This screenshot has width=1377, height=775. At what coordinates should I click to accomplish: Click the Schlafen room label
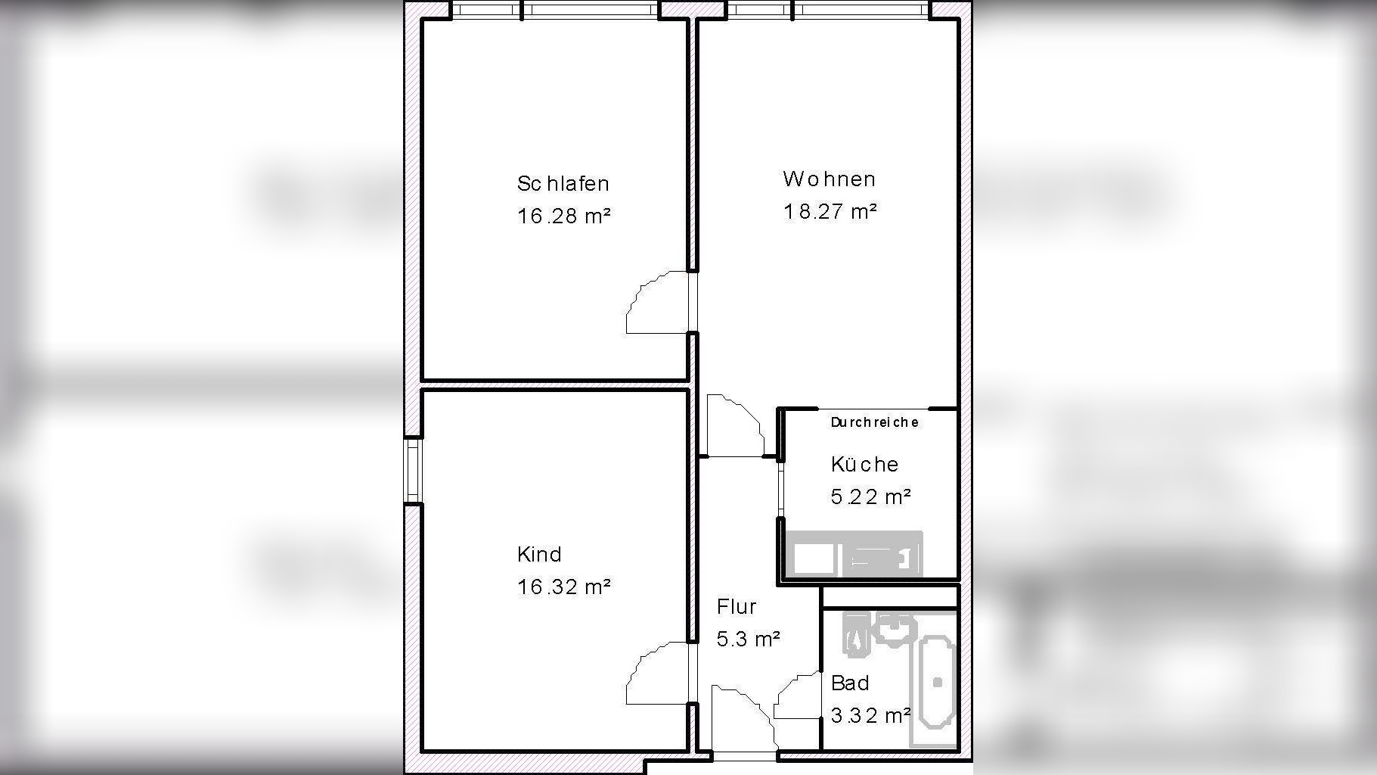click(x=563, y=183)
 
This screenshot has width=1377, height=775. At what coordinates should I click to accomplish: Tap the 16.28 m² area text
click(x=563, y=216)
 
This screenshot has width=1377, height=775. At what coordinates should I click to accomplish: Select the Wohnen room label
click(x=829, y=179)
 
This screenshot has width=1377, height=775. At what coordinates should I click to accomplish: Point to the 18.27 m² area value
click(x=830, y=211)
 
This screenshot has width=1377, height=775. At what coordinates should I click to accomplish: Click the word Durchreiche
click(x=874, y=422)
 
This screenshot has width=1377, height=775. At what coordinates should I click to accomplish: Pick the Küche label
click(x=864, y=463)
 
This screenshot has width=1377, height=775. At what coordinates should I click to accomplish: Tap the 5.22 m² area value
click(x=870, y=496)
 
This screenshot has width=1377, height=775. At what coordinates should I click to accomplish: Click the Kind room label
click(x=539, y=554)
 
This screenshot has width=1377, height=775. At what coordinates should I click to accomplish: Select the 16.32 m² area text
click(x=563, y=587)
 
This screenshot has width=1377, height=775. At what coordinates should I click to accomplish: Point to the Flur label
click(x=736, y=606)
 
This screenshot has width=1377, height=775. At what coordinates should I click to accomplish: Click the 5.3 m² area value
click(x=748, y=639)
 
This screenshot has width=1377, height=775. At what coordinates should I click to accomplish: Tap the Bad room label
click(x=849, y=683)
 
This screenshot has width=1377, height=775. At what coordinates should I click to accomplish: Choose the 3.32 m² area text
click(x=870, y=715)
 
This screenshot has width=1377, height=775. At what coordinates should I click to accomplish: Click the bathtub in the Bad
click(x=937, y=682)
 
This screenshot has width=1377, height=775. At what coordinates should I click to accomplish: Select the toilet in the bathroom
click(x=854, y=633)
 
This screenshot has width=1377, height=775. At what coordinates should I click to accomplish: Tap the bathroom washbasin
click(x=895, y=627)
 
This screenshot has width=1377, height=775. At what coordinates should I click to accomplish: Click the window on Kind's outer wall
click(x=413, y=470)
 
